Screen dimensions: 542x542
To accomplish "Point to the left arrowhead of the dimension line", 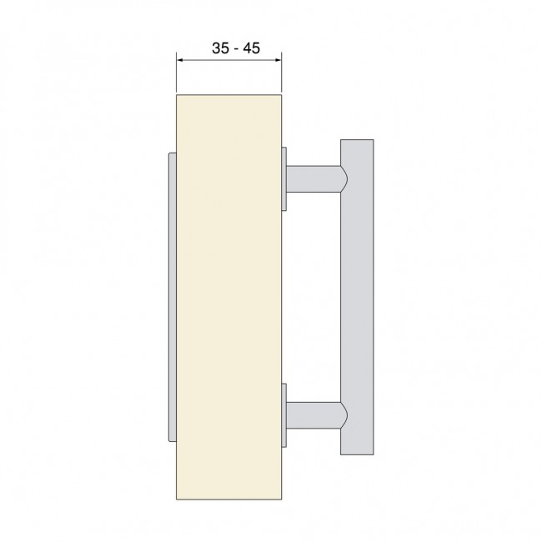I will click(181, 59).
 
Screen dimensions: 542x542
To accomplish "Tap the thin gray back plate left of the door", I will click(172, 296).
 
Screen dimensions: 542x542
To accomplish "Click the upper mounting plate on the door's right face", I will click(285, 178).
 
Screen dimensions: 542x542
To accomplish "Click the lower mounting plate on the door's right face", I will click(285, 414).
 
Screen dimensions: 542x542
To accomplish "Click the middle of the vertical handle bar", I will click(357, 296).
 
